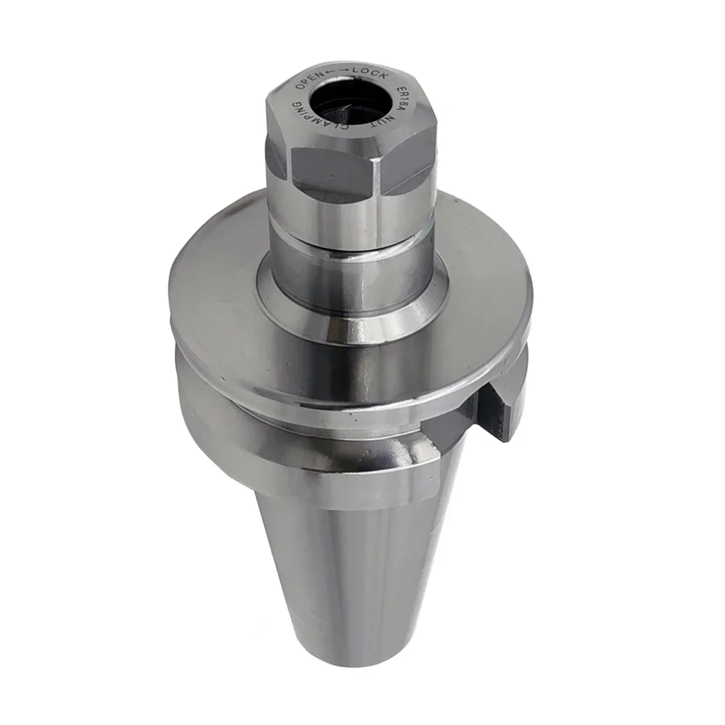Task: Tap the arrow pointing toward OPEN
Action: coord(330,71)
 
